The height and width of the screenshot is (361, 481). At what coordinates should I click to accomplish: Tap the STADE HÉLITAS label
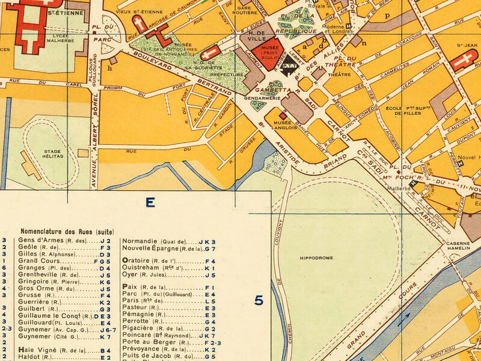tap(53, 153)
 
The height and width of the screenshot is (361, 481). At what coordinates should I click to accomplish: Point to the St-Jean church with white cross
tap(466, 60)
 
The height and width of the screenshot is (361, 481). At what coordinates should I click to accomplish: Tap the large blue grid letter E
tap(150, 203)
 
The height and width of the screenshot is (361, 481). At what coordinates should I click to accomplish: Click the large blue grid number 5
tap(259, 300)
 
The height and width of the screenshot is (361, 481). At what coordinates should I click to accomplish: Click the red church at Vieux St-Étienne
tap(140, 24)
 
